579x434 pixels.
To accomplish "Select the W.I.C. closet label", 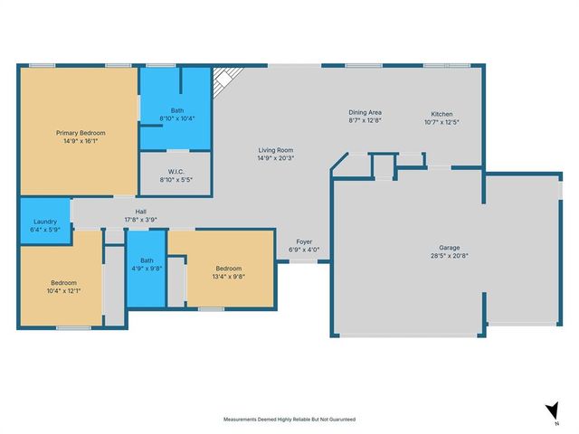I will coord(176,171).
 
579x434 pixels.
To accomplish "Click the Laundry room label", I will coord(45,222).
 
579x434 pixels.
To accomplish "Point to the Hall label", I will coord(140,210).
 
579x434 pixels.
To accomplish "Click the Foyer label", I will coord(305,241).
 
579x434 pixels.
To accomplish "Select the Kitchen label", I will coord(441,113).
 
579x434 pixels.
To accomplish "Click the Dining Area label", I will coord(365,113).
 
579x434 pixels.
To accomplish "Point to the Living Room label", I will coord(275,150).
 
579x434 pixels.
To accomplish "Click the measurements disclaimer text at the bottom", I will coord(289,420).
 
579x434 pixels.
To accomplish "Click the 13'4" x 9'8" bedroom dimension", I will coord(228,278).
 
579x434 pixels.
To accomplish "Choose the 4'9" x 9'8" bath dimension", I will coord(146,268).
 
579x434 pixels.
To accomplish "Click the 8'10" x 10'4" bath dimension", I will coord(177,118).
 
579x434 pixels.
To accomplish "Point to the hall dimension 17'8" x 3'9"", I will coord(140,219).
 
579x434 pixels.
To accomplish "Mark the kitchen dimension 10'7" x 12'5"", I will coord(441,122).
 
